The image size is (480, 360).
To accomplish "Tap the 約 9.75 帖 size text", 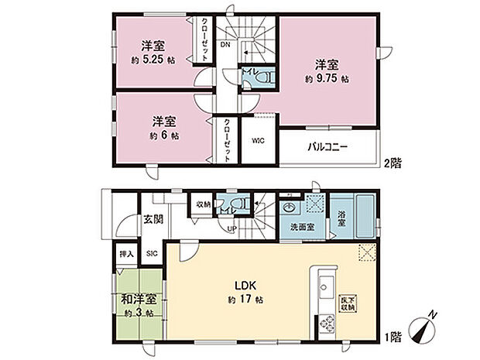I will (x=326, y=78).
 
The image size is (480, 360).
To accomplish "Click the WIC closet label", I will (x=258, y=141).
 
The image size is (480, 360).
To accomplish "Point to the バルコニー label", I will (x=330, y=146).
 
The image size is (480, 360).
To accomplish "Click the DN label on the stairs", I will (x=225, y=46).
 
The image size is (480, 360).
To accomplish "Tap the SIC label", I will (x=152, y=252).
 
